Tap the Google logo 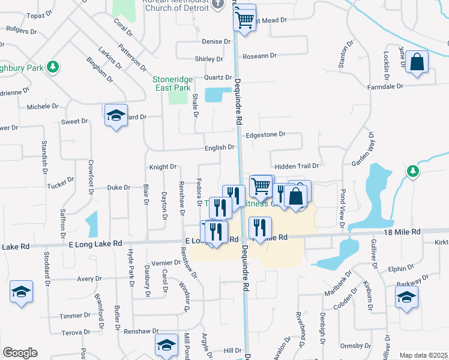coord(20,353)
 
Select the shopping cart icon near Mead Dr coord(244,19)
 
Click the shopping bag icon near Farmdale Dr coord(417,61)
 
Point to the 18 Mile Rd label coord(412,231)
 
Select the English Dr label coord(219,147)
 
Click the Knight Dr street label coord(163,167)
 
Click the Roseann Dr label coord(259,56)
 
